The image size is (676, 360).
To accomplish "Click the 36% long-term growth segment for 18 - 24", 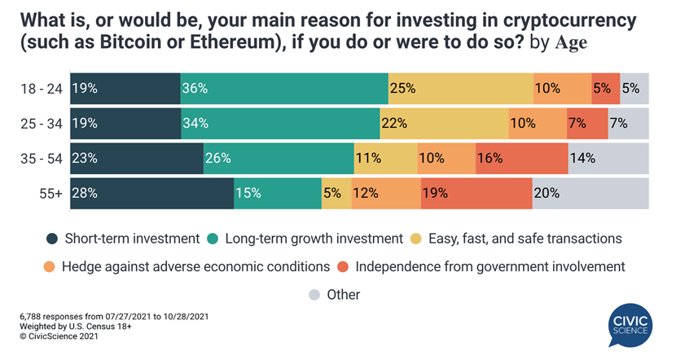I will tap(284, 88).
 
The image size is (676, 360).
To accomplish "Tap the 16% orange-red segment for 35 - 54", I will tap(521, 157).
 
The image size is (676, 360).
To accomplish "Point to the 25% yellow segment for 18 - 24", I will tap(460, 88).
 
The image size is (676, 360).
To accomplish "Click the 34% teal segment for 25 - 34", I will tap(280, 123).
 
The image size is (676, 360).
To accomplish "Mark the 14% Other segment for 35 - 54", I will tap(608, 157).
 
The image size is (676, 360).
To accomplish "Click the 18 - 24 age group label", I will tap(41, 88).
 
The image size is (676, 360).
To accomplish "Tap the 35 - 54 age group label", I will tap(41, 158).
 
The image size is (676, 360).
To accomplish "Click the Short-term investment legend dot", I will tap(53, 239).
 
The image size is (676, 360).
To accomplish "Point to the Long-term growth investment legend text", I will tap(314, 239).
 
